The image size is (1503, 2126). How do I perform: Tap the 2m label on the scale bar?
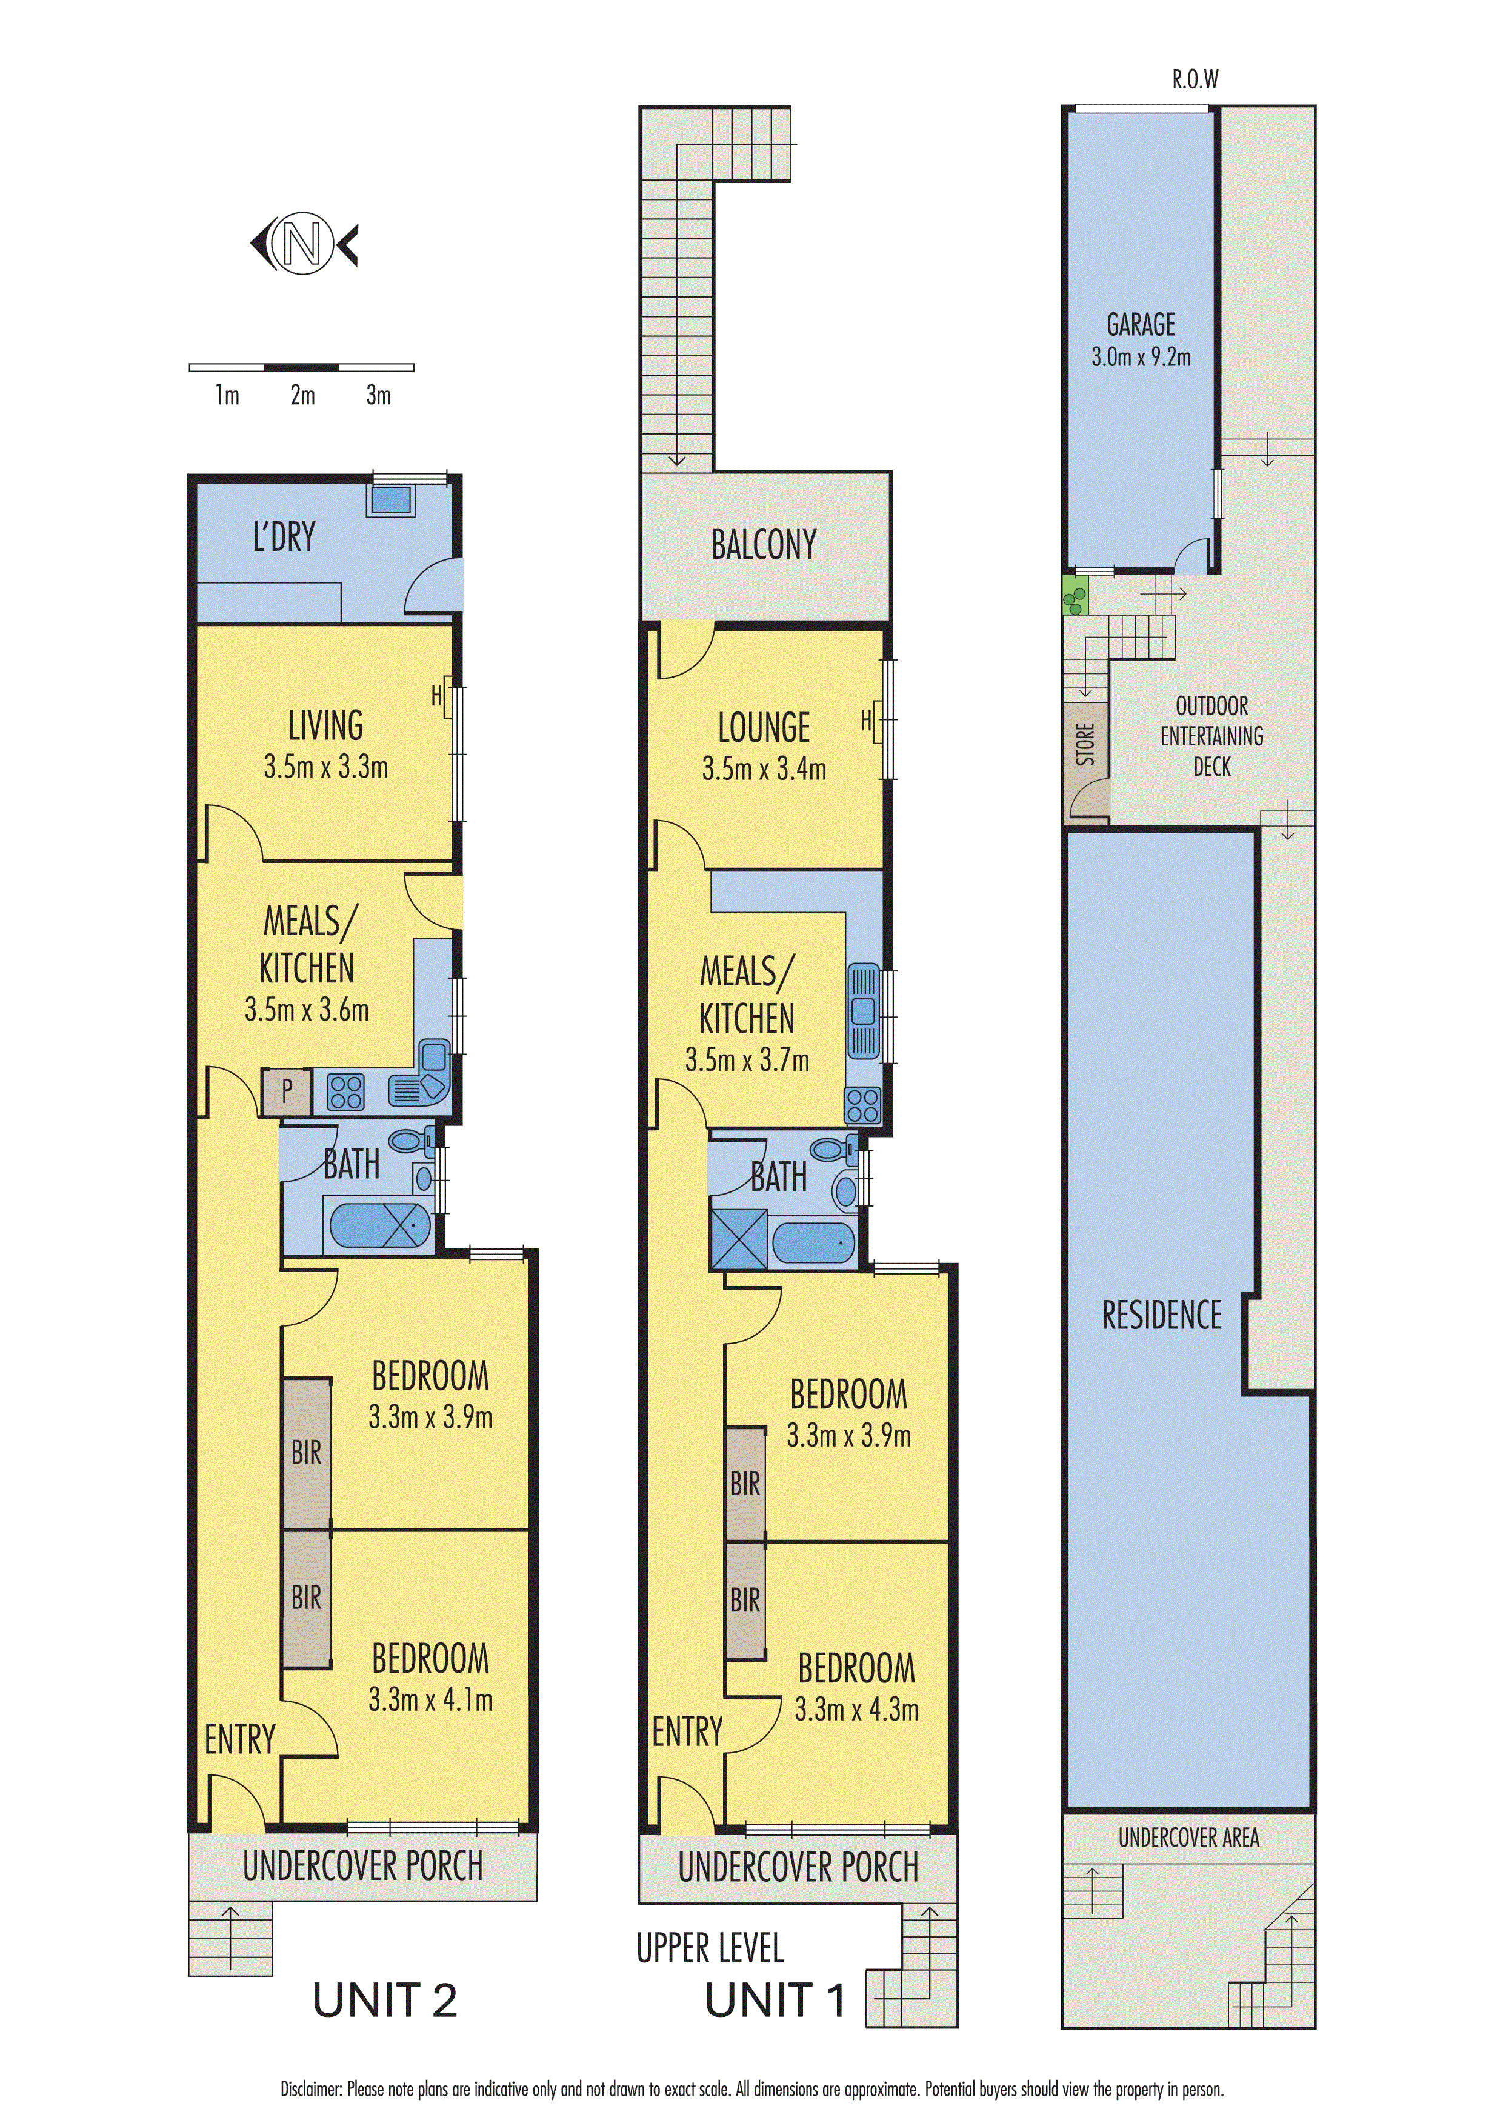(x=303, y=395)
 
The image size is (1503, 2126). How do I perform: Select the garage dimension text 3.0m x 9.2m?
(x=1141, y=356)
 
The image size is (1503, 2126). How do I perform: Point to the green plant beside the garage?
(x=1075, y=595)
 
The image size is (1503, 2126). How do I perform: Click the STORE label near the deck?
(x=1085, y=744)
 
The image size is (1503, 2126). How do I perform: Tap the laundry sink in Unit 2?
(x=391, y=500)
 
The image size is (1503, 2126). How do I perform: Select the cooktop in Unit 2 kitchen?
(x=345, y=1091)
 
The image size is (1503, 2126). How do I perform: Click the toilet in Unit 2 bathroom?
(x=410, y=1140)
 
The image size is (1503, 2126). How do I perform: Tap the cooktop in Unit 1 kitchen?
(x=862, y=1105)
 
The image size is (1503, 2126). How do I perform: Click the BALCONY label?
(x=764, y=544)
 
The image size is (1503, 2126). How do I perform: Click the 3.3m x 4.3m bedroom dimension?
(x=856, y=1709)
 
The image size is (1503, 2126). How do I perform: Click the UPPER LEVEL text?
(x=710, y=1948)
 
